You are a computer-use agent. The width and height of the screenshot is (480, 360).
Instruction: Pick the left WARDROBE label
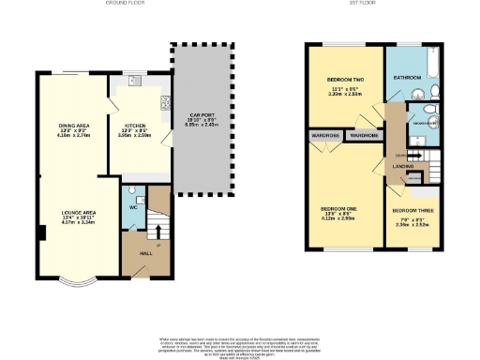[324, 135]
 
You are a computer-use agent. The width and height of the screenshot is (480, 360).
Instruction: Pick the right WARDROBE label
[362, 135]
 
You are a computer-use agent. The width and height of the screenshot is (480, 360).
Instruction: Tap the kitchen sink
[133, 80]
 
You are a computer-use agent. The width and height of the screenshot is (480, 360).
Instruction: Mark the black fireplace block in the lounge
[41, 233]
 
